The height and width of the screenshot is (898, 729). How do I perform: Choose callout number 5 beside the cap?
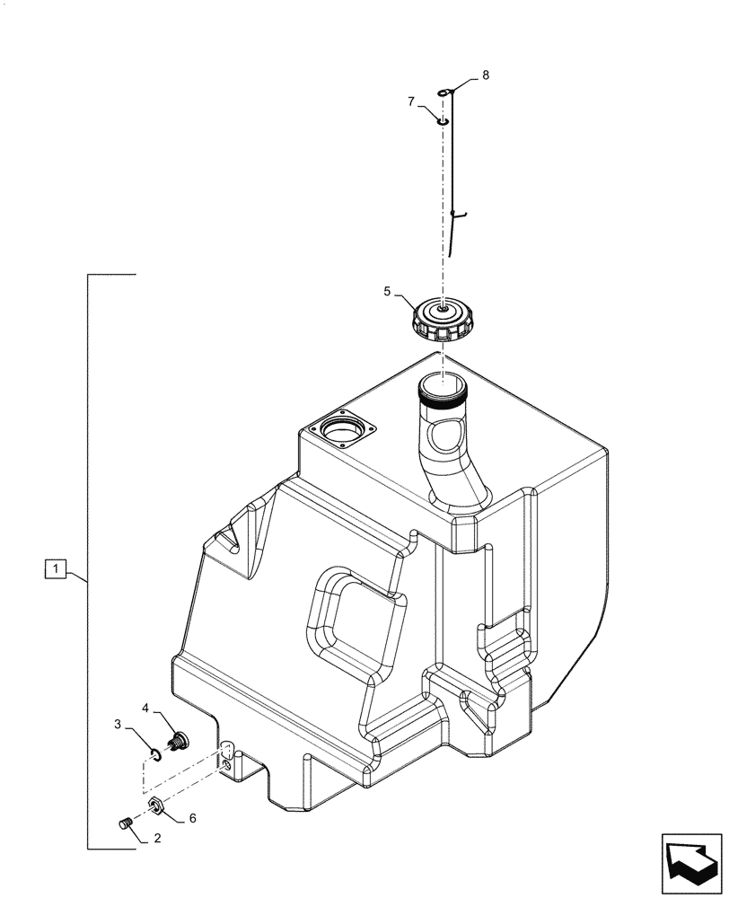388,291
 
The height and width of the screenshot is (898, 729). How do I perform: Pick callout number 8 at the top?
485,75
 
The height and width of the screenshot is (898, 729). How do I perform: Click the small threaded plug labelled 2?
127,822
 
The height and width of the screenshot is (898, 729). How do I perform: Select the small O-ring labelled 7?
442,119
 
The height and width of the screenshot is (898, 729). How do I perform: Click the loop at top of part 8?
447,92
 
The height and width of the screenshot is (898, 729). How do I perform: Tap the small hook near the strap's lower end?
459,214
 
